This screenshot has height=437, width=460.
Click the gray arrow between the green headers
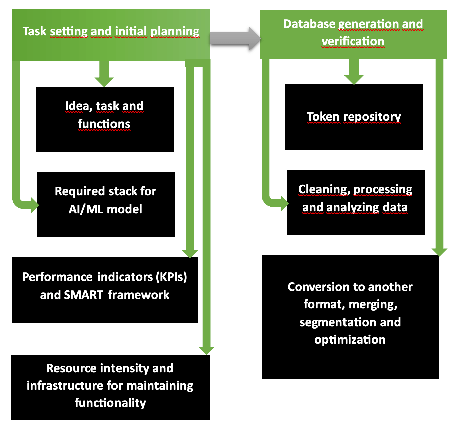pos(235,38)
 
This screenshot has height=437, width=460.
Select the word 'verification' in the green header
pos(353,41)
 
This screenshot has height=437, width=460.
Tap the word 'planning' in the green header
pos(175,31)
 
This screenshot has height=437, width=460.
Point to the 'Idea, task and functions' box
pos(104,119)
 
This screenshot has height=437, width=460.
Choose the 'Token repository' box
pos(354,117)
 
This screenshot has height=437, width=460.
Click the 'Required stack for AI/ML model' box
pos(106,204)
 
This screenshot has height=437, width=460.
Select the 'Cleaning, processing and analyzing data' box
pos(355,202)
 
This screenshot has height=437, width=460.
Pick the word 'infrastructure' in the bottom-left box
pos(65,386)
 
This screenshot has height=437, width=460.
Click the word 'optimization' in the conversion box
pos(350,340)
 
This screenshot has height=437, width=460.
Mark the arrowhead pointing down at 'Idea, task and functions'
pos(104,81)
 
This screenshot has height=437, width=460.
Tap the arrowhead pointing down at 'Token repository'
pos(354,79)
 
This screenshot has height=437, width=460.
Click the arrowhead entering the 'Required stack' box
pos(35,205)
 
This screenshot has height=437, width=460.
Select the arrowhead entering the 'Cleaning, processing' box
pos(284,203)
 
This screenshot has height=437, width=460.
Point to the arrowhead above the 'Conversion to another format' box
pos(439,252)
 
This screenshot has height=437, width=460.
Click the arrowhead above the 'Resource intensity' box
pos(206,350)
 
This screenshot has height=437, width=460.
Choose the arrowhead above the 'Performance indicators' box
pos(190,254)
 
